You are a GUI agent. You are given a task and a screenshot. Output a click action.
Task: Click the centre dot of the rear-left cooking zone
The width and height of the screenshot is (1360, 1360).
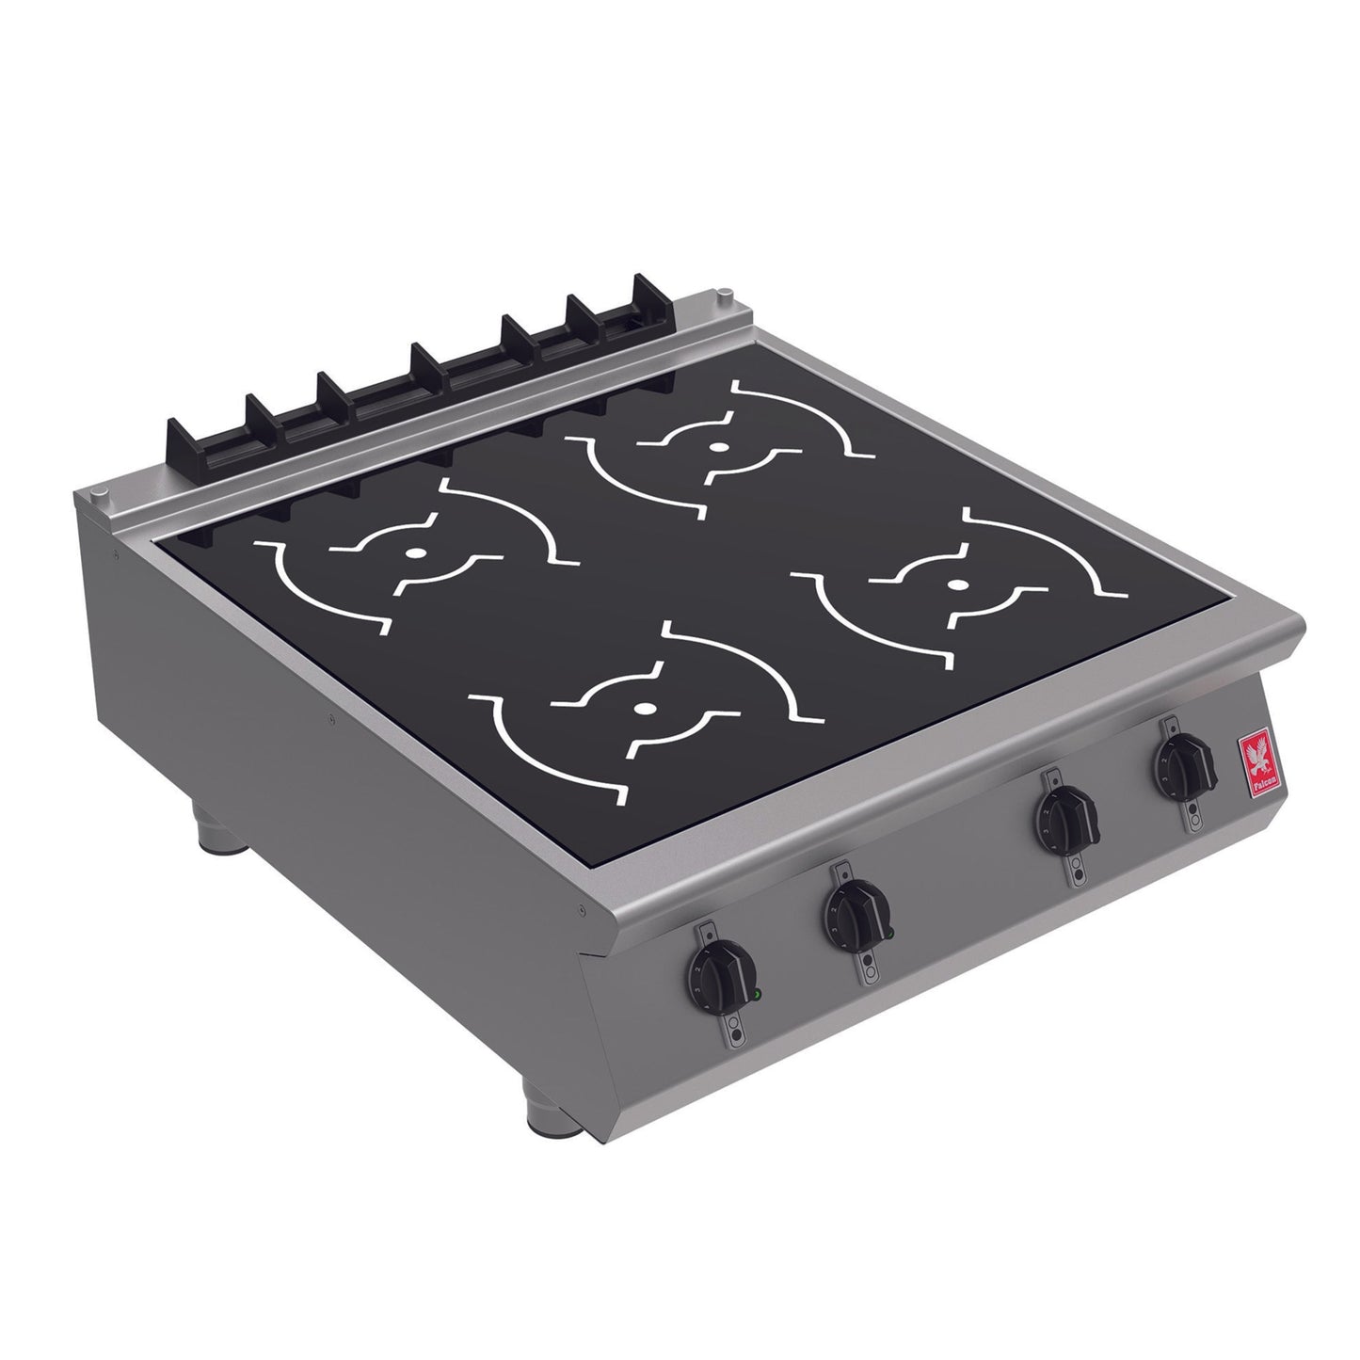(x=411, y=554)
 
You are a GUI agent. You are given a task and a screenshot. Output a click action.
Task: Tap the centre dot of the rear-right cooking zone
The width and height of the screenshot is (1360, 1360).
(x=717, y=448)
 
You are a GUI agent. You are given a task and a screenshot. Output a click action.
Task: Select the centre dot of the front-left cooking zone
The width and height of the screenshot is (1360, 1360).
(x=644, y=708)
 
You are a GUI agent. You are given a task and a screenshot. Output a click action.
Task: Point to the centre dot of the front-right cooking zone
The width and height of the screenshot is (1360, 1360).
(x=956, y=584)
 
